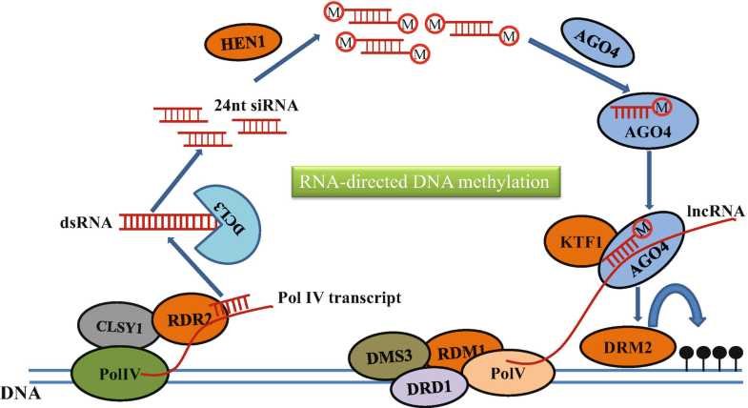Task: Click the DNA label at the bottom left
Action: [x=18, y=391]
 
